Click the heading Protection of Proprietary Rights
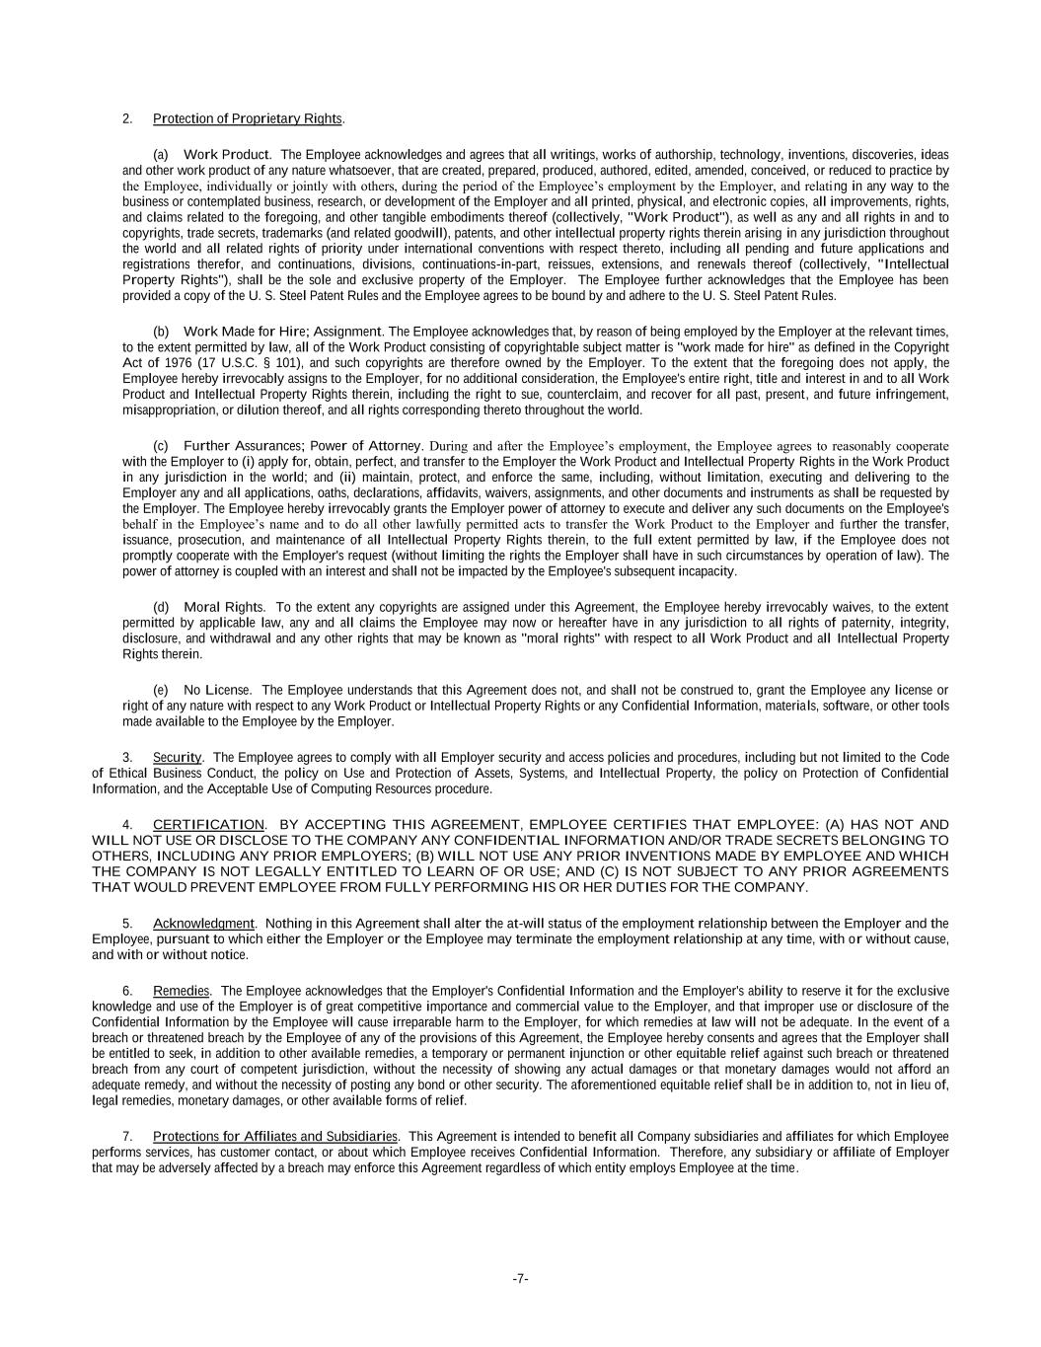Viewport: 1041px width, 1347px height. click(x=247, y=119)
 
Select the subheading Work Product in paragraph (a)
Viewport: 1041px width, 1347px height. click(x=226, y=155)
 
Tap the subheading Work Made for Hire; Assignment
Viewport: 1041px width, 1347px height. click(x=281, y=332)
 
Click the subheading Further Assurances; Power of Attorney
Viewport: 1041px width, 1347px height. click(x=302, y=446)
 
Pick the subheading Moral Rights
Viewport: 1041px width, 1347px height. click(x=224, y=607)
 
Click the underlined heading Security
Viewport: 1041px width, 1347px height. click(x=177, y=757)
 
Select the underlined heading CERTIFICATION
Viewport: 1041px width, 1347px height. click(x=208, y=824)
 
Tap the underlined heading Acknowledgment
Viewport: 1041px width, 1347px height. click(x=203, y=924)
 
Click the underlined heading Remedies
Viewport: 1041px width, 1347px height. click(x=181, y=991)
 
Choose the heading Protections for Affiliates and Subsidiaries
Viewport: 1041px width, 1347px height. click(x=275, y=1137)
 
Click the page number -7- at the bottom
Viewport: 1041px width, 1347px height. click(x=521, y=1280)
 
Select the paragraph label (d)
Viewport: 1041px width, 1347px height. click(x=161, y=607)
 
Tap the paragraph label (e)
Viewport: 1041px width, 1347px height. click(x=161, y=690)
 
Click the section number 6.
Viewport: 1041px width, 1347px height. click(x=127, y=991)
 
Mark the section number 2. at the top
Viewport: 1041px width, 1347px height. click(x=127, y=119)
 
